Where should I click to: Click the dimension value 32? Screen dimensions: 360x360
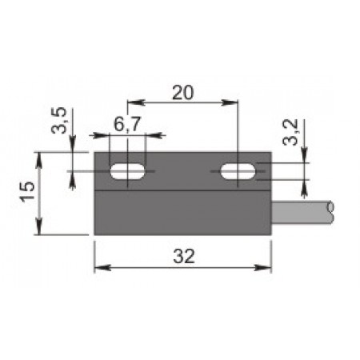(184, 256)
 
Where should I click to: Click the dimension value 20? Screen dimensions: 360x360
(183, 92)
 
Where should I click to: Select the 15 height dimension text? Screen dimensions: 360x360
(26, 193)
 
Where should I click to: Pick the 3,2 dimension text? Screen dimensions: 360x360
(294, 131)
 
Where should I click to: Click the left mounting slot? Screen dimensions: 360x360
(128, 171)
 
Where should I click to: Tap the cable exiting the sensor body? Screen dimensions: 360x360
(300, 212)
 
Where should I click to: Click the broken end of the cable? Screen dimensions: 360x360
(330, 212)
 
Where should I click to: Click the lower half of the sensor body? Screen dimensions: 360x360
(183, 214)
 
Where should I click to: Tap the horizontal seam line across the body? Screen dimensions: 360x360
(183, 192)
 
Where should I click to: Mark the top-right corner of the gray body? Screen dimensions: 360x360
(271, 153)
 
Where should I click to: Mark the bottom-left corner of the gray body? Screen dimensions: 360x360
(95, 234)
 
